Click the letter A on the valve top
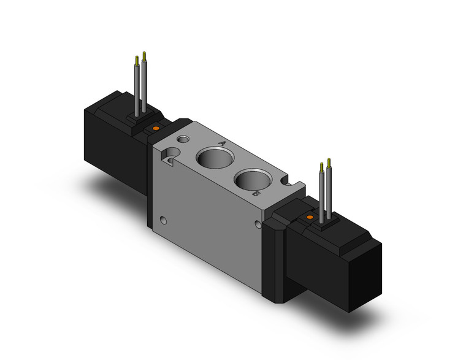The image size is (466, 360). tap(221, 143)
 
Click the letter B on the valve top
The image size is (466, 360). tap(255, 194)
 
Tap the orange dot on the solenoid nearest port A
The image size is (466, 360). tap(155, 128)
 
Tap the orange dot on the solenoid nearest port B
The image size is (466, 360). tap(310, 217)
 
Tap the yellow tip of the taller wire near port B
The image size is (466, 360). tap(330, 162)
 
